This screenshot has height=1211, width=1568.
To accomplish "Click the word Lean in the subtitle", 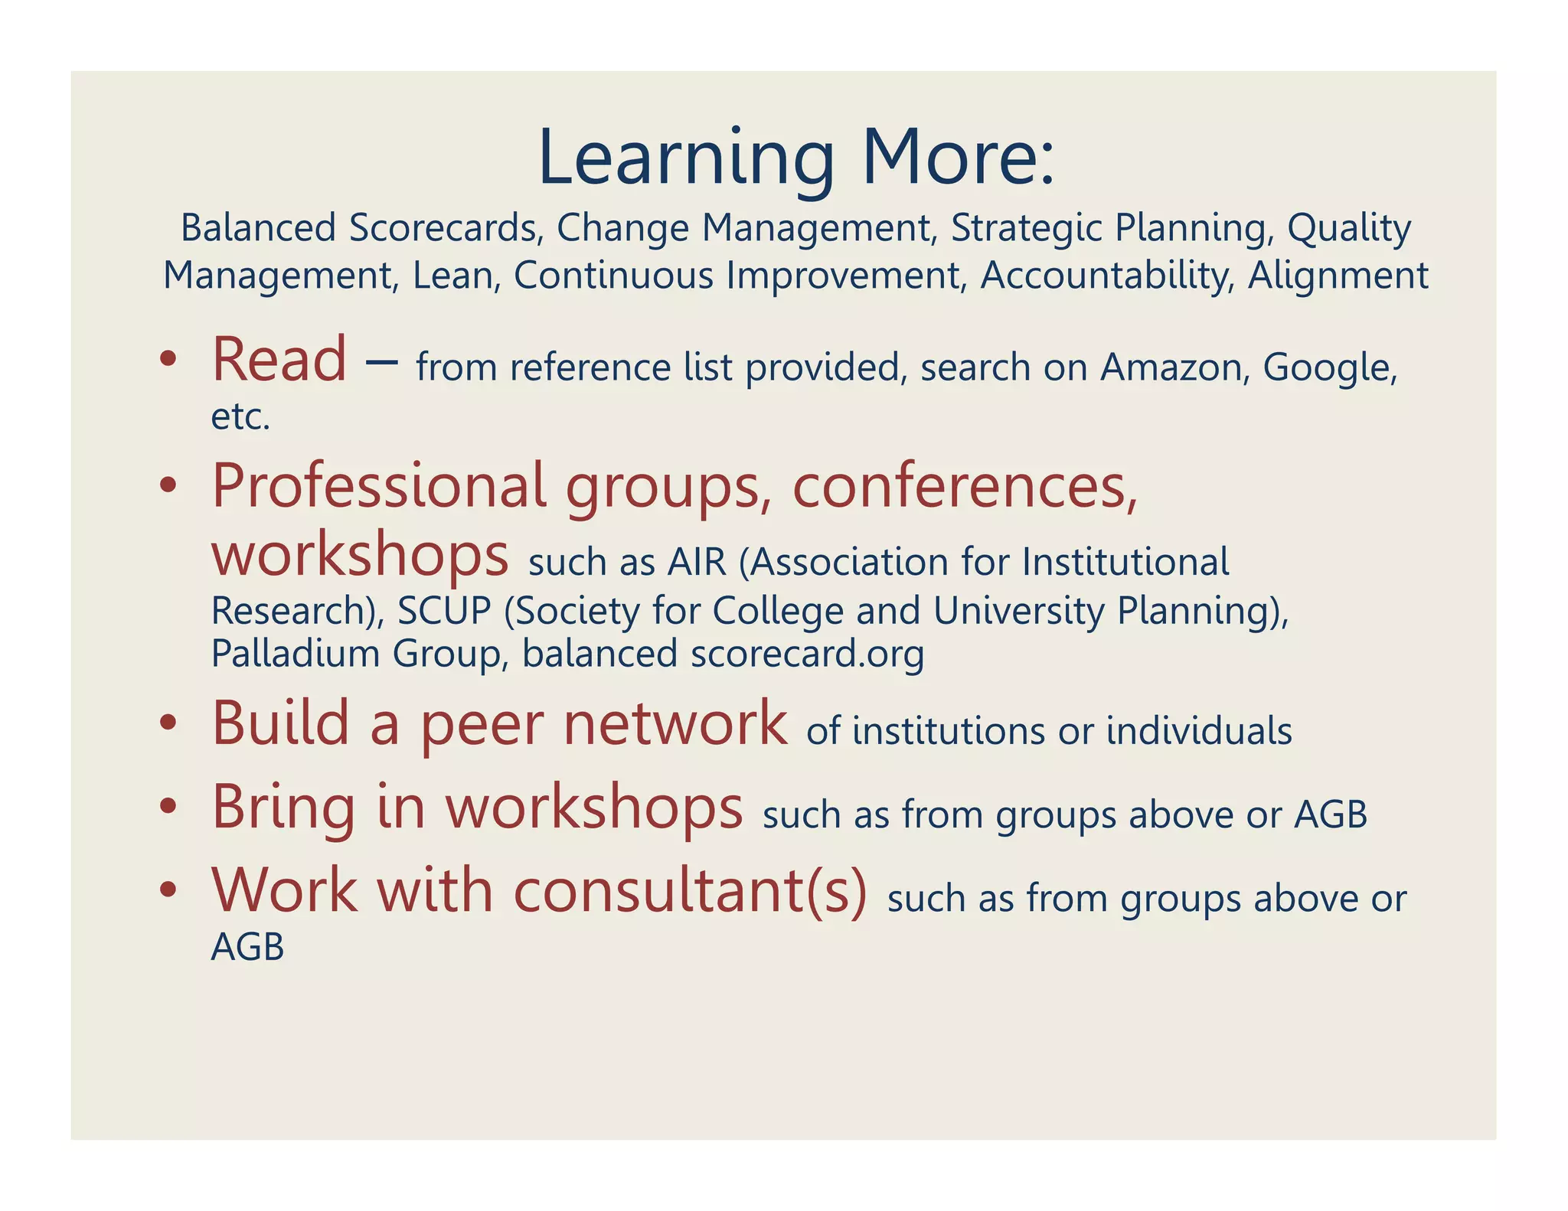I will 456,276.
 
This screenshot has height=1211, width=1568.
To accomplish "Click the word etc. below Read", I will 240,417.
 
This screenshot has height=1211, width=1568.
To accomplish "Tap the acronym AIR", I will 697,562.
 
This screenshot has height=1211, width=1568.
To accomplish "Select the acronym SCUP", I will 444,611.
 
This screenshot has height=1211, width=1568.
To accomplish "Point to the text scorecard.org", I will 807,654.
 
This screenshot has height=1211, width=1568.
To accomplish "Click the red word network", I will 675,723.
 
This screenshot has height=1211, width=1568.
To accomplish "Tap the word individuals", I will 1199,731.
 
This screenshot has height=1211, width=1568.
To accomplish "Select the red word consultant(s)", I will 690,891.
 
